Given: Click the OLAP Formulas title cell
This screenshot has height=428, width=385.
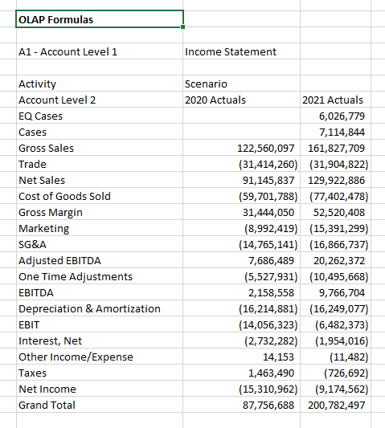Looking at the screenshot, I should click(x=54, y=18).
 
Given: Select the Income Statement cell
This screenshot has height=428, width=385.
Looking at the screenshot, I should click(x=231, y=51).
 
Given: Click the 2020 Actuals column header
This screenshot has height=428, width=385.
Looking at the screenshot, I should click(x=215, y=100).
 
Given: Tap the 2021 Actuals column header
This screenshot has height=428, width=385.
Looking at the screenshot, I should click(x=333, y=100).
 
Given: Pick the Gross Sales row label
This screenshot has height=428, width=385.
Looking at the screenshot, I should click(x=46, y=148).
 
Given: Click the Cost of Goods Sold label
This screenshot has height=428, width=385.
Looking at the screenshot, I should click(x=64, y=196).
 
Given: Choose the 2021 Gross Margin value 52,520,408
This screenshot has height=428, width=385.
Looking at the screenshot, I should click(x=338, y=212).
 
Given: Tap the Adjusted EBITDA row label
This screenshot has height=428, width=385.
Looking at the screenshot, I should click(x=59, y=260).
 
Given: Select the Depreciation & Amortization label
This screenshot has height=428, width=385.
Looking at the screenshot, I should click(x=89, y=308).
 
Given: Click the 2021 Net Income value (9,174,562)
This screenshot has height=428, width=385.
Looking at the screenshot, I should click(x=338, y=389).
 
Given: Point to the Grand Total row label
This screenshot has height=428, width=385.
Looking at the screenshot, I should click(x=47, y=405).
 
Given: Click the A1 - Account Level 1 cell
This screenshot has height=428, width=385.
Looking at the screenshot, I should click(x=68, y=51).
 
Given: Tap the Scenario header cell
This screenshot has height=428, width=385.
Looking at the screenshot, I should click(x=206, y=84).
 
